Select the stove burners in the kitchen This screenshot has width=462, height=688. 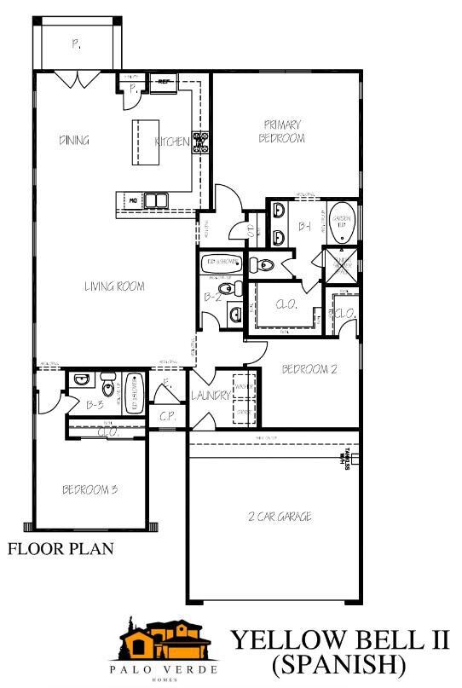(201, 142)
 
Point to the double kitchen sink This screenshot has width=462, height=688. (155, 200)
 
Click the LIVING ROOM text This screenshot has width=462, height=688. (114, 286)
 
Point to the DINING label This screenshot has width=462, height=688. (75, 141)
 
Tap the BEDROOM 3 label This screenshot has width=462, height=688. (90, 489)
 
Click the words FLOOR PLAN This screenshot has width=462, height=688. (61, 548)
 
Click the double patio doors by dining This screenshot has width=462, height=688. (76, 79)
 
